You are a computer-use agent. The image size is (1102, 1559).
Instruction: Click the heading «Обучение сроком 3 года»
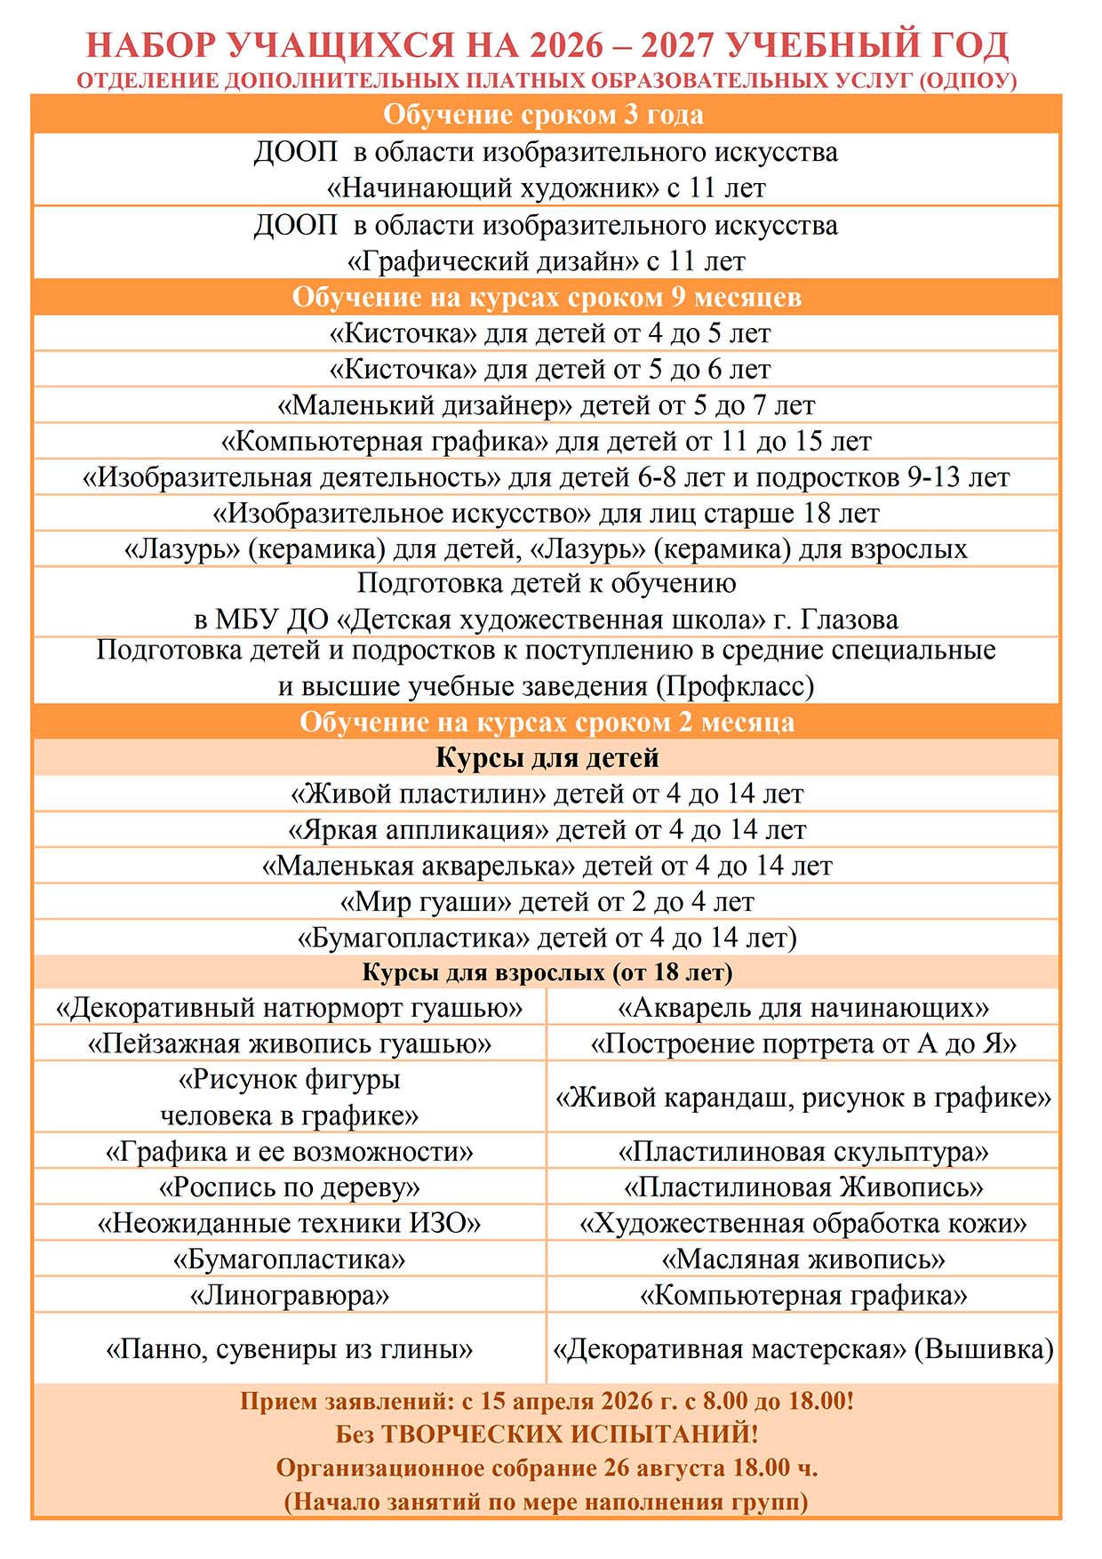[x=543, y=115]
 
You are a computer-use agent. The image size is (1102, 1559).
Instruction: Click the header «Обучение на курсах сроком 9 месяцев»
[x=547, y=297]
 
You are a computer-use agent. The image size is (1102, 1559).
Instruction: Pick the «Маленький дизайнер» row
[x=546, y=405]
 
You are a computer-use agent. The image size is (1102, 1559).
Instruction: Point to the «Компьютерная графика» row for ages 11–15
[x=546, y=441]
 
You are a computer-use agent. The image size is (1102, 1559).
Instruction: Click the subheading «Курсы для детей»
[x=547, y=757]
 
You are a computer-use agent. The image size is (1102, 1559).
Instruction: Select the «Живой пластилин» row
[x=546, y=793]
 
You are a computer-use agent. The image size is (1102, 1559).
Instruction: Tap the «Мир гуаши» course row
[x=546, y=901]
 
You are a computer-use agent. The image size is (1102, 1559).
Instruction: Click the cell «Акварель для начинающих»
[x=803, y=1007]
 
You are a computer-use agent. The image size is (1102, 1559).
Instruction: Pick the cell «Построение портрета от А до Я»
[x=803, y=1043]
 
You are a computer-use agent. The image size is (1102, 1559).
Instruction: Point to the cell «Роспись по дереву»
[x=289, y=1187]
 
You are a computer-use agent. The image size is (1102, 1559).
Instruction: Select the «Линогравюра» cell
[x=289, y=1295]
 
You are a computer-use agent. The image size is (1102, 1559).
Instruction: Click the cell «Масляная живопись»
[x=803, y=1259]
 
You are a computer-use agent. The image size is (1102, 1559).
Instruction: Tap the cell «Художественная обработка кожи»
[x=803, y=1223]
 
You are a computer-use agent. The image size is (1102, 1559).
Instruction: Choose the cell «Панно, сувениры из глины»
[x=289, y=1349]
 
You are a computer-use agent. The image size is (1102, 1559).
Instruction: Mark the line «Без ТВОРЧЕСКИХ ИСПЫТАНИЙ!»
[x=547, y=1434]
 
